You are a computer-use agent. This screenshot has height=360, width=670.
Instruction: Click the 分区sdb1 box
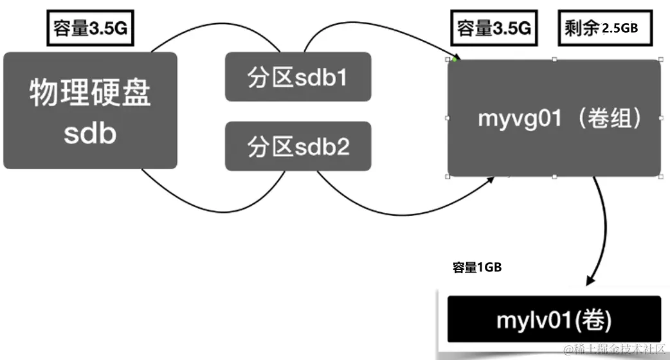coord(298,77)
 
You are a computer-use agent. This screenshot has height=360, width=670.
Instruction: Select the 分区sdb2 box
coord(298,146)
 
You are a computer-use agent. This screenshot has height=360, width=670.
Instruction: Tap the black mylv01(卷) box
coord(554,319)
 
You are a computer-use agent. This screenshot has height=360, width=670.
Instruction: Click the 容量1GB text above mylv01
coord(476,268)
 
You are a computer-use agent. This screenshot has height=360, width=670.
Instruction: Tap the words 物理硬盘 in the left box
coord(90,94)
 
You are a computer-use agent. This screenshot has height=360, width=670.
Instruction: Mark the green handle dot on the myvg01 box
coord(454,59)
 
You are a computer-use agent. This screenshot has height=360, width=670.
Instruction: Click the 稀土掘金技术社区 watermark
coord(617,350)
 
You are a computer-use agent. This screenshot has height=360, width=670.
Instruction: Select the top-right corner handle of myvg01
coord(660,59)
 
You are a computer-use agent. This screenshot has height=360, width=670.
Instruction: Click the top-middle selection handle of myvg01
coord(554,59)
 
